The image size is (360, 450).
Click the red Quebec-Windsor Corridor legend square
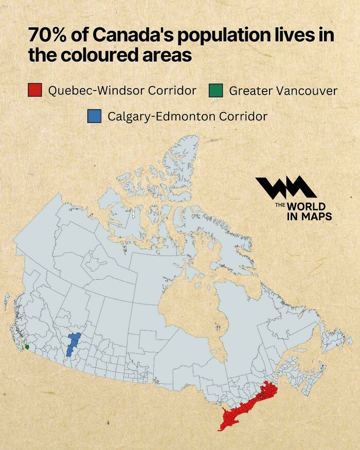35,91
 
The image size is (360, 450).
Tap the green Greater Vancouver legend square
215,91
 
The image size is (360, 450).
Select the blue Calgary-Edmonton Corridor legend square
94,116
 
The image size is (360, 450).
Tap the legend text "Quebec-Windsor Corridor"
122,91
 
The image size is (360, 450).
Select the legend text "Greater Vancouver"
283,91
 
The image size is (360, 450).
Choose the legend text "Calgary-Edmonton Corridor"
187,116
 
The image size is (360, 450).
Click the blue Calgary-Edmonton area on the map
73,344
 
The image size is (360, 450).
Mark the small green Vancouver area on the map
26,347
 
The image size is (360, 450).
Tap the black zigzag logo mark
285,188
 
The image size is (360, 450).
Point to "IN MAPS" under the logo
309,216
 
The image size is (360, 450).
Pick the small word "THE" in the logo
280,205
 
